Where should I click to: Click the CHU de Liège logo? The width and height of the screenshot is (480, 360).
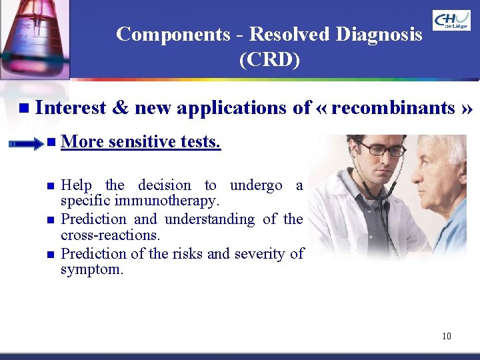(x=451, y=20)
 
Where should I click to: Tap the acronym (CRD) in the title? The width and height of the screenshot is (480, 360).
(x=269, y=60)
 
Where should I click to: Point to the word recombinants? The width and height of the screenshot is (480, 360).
(x=393, y=107)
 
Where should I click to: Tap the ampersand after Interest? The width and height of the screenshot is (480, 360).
(x=121, y=107)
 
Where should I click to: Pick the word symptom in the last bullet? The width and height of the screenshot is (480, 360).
(x=92, y=270)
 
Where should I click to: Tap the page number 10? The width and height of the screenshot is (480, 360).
(x=446, y=336)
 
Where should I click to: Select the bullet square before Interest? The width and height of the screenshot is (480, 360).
(x=24, y=108)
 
